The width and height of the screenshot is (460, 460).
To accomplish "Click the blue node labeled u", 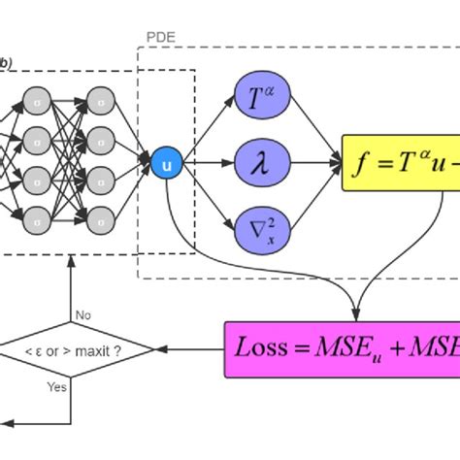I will tap(166, 164).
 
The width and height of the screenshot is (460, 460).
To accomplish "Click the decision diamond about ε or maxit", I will tap(75, 348).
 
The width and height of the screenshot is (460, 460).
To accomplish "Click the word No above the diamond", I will tap(84, 314).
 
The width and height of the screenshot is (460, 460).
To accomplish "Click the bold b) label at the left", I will tap(4, 64).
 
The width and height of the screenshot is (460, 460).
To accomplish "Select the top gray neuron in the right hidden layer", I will tap(100, 98).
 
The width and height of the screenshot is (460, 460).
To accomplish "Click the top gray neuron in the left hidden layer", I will tap(37, 98).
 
